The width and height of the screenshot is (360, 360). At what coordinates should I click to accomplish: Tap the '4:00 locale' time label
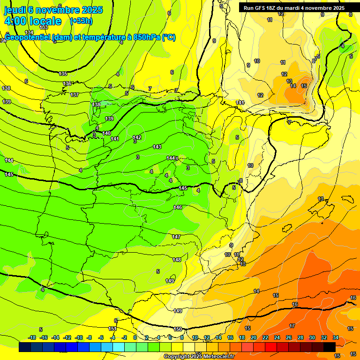tap(33, 21)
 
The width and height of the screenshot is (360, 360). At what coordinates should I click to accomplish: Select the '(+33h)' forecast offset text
tap(81, 21)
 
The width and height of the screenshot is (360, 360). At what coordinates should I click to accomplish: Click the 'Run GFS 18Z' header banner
tap(294, 8)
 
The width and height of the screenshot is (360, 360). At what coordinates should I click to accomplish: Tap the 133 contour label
tap(44, 28)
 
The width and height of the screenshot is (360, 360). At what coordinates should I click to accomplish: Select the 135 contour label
tap(63, 74)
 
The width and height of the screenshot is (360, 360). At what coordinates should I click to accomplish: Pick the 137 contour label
tap(75, 95)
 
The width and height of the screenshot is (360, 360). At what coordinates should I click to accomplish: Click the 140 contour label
tap(106, 133)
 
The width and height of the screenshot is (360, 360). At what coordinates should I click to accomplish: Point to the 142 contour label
tap(137, 137)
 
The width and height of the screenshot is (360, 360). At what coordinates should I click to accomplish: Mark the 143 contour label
tap(157, 147)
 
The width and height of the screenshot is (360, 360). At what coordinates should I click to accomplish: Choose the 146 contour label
tap(178, 207)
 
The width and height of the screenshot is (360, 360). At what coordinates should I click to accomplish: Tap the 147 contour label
tap(176, 237)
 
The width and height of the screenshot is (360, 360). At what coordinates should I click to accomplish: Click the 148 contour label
tap(177, 260)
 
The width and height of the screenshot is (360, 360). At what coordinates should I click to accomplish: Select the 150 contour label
tap(178, 329)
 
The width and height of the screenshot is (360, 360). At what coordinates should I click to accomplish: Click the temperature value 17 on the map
tap(292, 325)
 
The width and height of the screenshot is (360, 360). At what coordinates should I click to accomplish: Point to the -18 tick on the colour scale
tap(32, 337)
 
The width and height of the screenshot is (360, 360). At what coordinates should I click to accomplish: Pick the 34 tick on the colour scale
tap(336, 337)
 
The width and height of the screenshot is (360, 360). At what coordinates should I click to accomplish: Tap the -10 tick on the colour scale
tap(79, 337)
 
